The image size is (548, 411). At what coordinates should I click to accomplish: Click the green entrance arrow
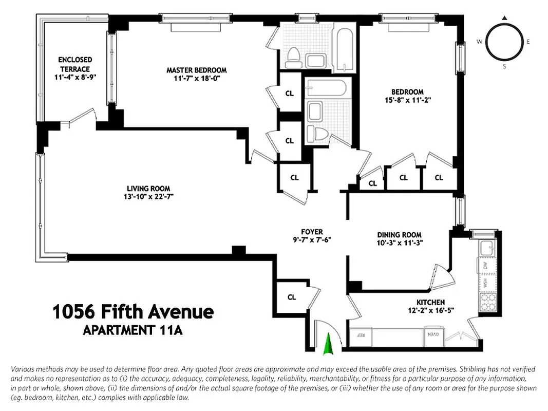328,344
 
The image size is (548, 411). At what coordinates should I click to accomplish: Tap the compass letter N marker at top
505,18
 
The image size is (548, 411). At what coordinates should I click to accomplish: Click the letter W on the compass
479,42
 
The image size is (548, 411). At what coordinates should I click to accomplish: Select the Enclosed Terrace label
75,64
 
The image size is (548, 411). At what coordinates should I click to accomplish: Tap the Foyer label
312,232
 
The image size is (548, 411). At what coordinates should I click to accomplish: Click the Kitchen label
431,302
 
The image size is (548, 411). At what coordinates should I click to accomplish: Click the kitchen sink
486,249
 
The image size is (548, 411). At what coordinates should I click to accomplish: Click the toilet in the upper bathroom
293,57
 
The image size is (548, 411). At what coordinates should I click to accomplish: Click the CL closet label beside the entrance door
292,297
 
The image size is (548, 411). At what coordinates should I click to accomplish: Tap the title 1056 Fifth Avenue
133,311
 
